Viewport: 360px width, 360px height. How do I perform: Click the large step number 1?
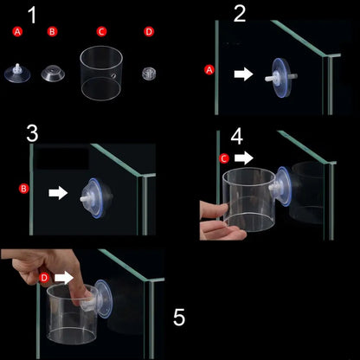(33, 15)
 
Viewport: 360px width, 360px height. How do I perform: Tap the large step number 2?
(240, 13)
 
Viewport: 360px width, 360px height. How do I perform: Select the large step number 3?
(32, 133)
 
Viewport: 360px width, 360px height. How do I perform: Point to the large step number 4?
(237, 137)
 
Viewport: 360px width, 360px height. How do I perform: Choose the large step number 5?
(179, 318)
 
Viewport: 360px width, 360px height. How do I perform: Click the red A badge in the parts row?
(17, 31)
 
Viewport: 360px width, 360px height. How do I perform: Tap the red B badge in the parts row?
(52, 31)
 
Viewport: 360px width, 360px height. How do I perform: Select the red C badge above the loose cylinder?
(101, 31)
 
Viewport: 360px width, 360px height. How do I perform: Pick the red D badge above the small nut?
(149, 31)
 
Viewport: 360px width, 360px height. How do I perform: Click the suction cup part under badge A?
(17, 74)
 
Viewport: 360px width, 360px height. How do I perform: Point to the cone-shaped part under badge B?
(53, 74)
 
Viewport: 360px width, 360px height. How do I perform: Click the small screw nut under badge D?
(149, 74)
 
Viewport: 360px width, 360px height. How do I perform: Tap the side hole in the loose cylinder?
(113, 76)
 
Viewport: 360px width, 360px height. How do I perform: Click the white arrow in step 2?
(243, 74)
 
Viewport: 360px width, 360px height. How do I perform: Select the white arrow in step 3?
(58, 193)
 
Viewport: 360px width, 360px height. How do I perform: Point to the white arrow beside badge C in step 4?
(244, 158)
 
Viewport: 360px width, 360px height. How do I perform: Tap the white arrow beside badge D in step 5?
(64, 278)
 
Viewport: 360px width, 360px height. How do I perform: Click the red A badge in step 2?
(209, 70)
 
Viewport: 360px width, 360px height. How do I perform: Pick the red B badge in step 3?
(24, 189)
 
